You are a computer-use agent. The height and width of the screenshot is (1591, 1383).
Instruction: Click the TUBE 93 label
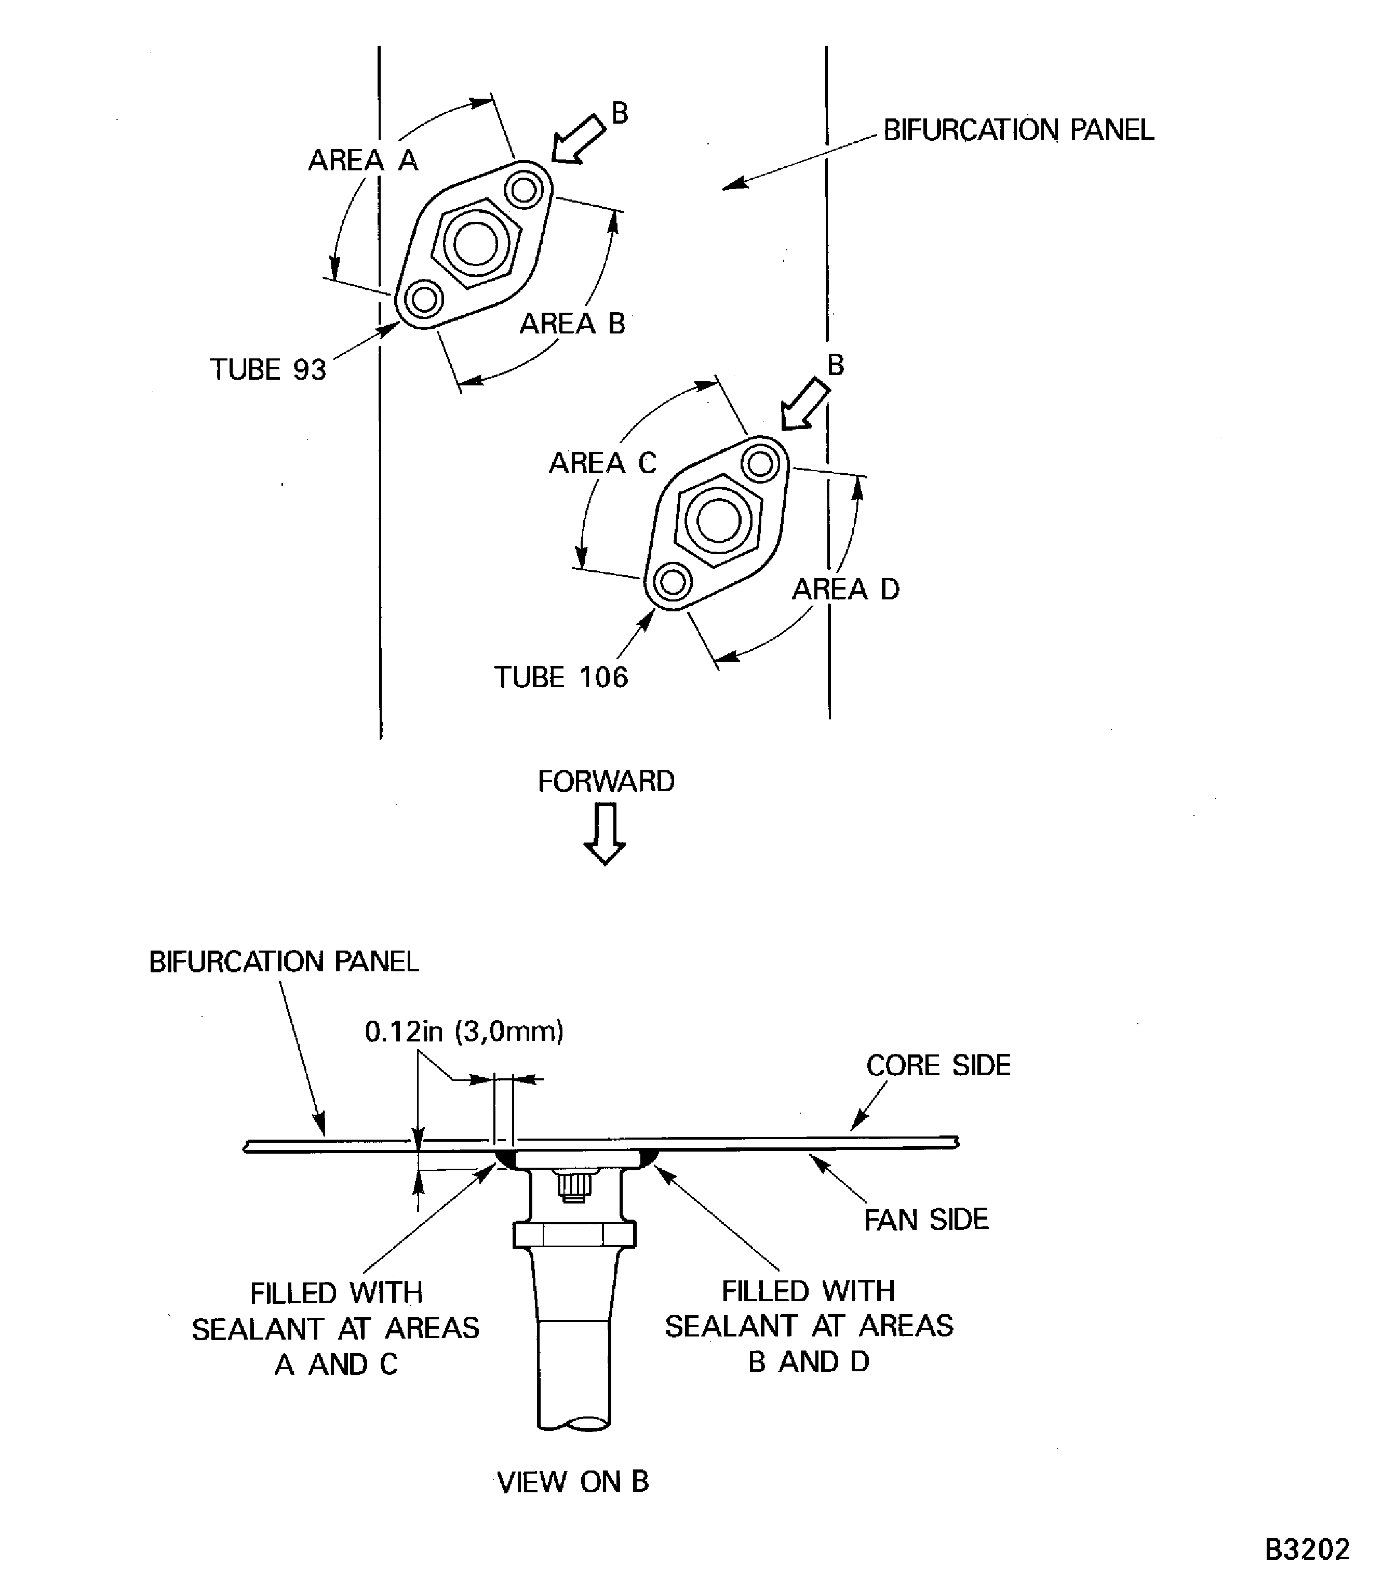click(x=268, y=370)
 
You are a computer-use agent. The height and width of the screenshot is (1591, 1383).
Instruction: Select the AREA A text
click(x=362, y=161)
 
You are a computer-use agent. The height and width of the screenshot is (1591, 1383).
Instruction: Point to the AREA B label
click(x=572, y=324)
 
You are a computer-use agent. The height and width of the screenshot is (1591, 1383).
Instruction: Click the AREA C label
click(x=602, y=463)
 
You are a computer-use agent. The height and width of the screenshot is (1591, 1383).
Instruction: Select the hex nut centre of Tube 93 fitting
click(x=475, y=244)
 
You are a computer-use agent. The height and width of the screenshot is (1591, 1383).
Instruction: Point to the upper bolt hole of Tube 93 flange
click(x=525, y=189)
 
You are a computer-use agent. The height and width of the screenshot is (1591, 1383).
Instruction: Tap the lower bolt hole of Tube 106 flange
click(x=672, y=581)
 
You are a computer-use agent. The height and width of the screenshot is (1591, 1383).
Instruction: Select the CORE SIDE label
click(x=938, y=1066)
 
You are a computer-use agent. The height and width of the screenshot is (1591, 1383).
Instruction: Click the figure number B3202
click(x=1307, y=1549)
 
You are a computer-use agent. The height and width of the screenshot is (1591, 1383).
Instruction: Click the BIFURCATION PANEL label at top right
click(x=1018, y=130)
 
